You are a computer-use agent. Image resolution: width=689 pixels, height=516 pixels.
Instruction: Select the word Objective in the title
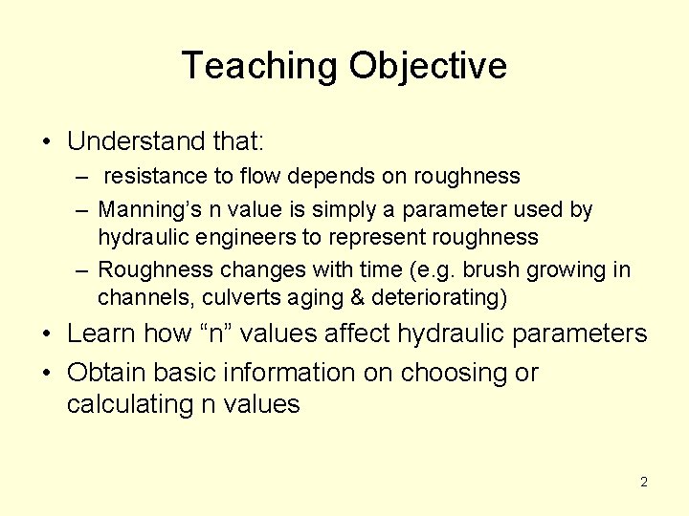tap(428, 66)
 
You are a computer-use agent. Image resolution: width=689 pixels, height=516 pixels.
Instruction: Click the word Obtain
tap(108, 373)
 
